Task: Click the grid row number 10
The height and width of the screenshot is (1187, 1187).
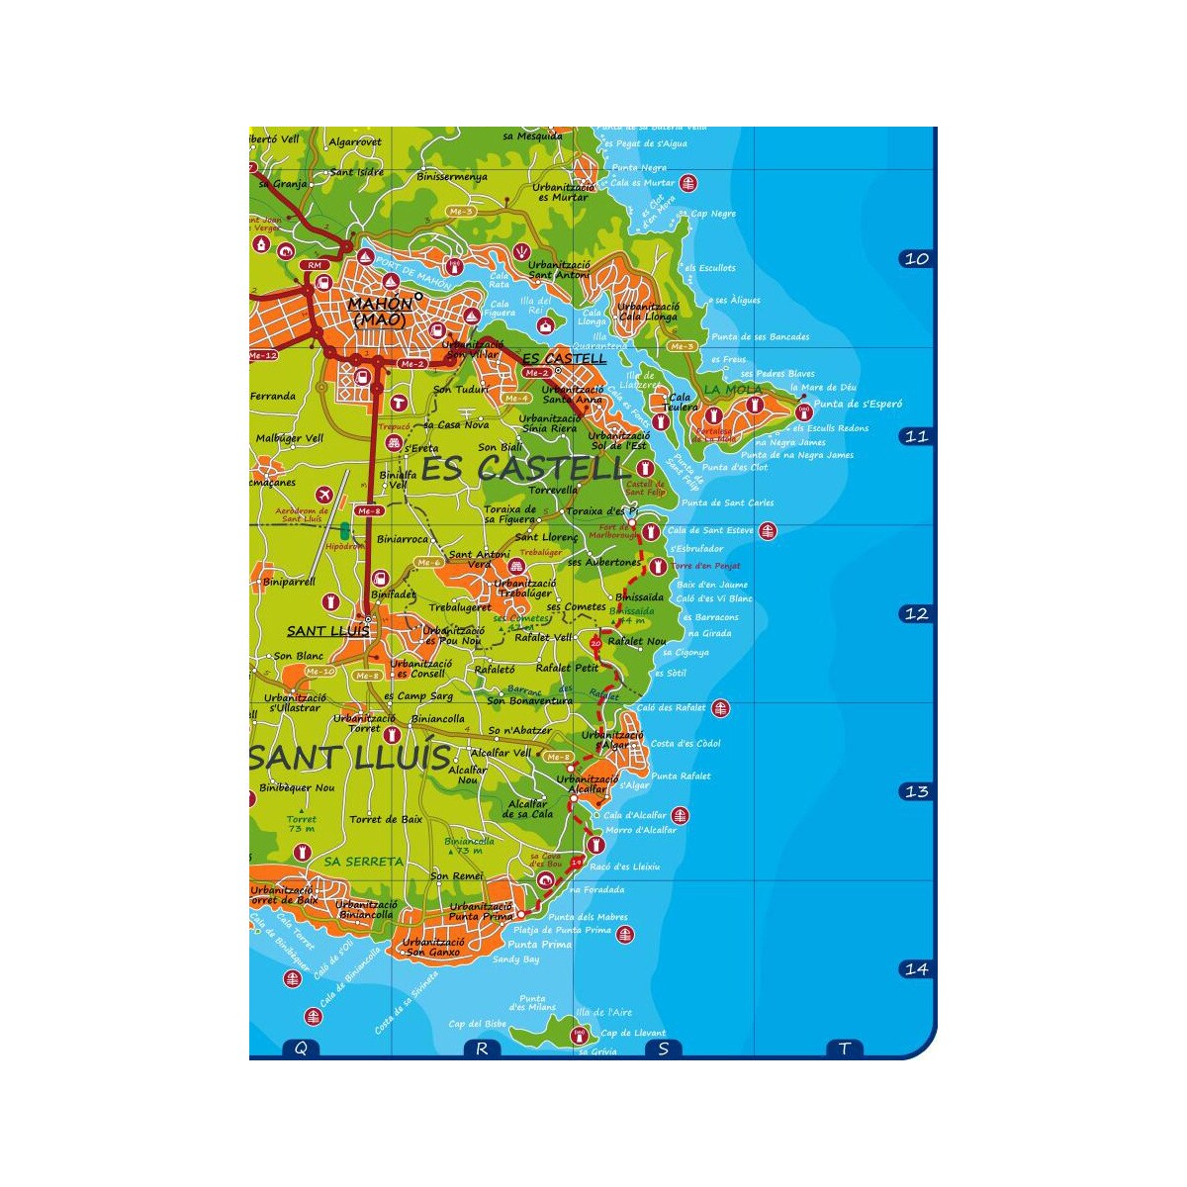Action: [916, 259]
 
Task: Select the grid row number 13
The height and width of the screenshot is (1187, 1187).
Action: [916, 791]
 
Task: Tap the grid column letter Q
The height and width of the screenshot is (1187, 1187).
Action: [301, 1049]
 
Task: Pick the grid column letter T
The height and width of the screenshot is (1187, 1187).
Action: [844, 1049]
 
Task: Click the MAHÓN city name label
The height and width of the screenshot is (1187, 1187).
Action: [380, 305]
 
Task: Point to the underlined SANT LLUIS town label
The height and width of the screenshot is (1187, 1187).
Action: [327, 631]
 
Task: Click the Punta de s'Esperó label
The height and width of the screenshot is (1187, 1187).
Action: [858, 404]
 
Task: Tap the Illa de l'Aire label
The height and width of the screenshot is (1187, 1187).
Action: [604, 1012]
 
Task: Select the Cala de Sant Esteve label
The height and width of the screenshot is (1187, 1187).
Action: [709, 531]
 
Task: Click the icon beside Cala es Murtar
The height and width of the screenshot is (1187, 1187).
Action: [689, 183]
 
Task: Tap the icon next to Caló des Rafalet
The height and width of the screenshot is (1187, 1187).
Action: [721, 708]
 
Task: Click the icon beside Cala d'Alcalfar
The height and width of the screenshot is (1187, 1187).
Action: [680, 816]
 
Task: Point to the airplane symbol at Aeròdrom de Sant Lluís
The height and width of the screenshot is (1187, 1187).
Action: [323, 495]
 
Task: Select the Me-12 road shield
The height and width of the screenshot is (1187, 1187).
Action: [263, 355]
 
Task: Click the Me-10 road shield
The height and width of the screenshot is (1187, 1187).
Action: [320, 672]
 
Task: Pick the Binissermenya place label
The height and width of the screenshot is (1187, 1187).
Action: [452, 177]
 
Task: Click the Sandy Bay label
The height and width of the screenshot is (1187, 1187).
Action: [515, 959]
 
